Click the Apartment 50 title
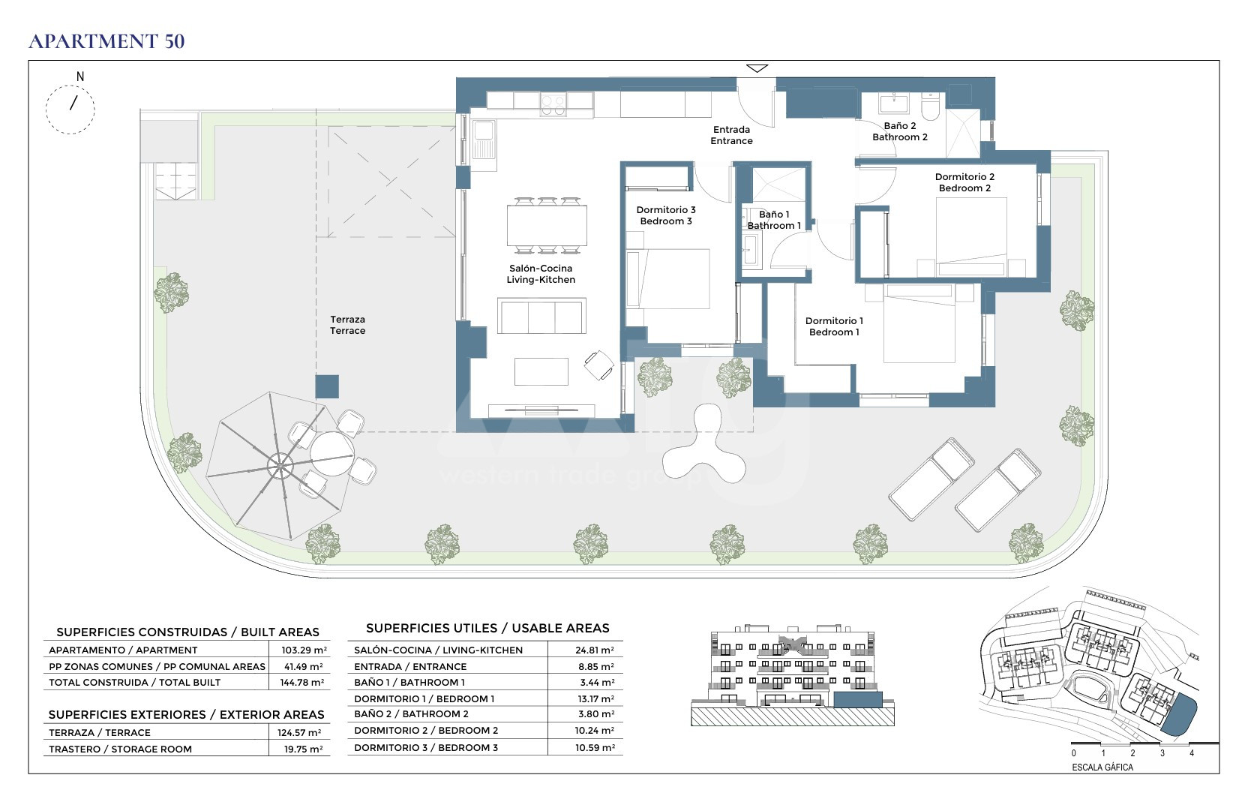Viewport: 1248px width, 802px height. click(106, 41)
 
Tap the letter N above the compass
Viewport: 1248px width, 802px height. click(80, 77)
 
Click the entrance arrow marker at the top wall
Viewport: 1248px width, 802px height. click(757, 68)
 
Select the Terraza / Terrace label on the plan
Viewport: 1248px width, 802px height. click(348, 325)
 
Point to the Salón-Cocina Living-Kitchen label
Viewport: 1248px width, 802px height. click(541, 274)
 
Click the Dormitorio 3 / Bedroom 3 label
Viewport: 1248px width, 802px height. click(666, 215)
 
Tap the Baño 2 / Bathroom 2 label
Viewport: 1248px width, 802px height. click(900, 131)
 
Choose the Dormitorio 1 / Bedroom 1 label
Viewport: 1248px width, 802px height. click(834, 326)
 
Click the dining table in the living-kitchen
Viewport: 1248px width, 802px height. click(547, 226)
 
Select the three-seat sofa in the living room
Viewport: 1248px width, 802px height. click(541, 316)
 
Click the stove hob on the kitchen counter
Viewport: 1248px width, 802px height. click(553, 105)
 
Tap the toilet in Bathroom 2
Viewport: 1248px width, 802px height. click(931, 106)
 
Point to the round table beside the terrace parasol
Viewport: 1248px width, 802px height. click(332, 454)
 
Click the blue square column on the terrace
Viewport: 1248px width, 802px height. click(327, 386)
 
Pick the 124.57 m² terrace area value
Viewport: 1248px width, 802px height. click(300, 733)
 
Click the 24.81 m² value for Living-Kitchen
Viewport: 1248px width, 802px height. click(595, 650)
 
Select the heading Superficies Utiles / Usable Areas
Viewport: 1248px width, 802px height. click(487, 628)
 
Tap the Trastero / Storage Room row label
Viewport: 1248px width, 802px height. click(120, 749)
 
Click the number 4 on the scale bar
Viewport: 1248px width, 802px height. click(1192, 753)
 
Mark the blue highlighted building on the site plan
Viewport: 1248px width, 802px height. click(1179, 716)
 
